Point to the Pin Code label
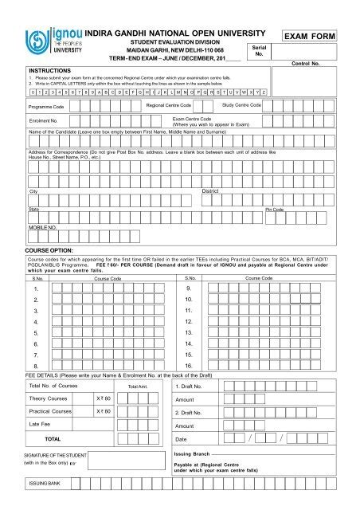click(274, 209)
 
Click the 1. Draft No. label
click(191, 386)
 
